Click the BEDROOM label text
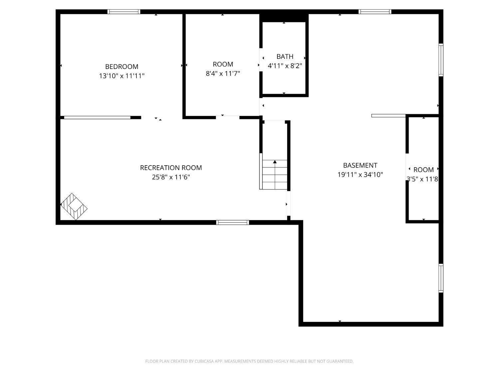(122, 66)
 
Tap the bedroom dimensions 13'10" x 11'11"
(122, 76)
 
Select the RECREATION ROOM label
(171, 168)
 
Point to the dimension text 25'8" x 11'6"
(171, 177)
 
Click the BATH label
(285, 57)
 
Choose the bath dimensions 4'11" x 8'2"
(285, 66)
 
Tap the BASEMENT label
(360, 165)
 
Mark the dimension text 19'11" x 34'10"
(360, 175)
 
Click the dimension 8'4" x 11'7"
(223, 73)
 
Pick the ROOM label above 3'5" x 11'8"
(423, 170)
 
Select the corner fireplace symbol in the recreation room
(74, 206)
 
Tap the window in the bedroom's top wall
(124, 12)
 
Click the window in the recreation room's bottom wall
(233, 222)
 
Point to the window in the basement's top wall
(375, 12)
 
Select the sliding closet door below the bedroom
(97, 117)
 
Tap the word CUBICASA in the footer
(204, 361)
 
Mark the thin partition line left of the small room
(389, 116)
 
